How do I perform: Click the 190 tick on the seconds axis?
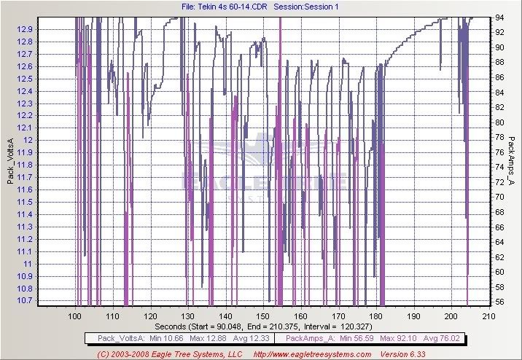(x=413, y=316)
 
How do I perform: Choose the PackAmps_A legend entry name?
(x=308, y=338)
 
